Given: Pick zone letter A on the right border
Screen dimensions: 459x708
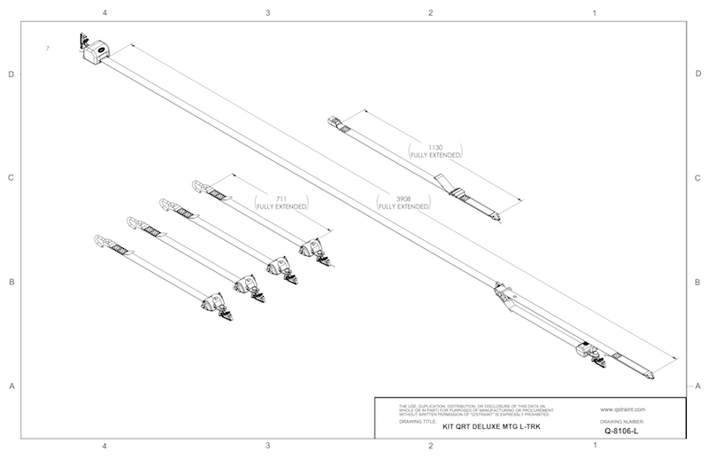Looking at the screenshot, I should [698, 385].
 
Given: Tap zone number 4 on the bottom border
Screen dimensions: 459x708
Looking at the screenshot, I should [105, 446].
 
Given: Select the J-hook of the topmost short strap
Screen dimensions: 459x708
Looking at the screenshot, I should [200, 187].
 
